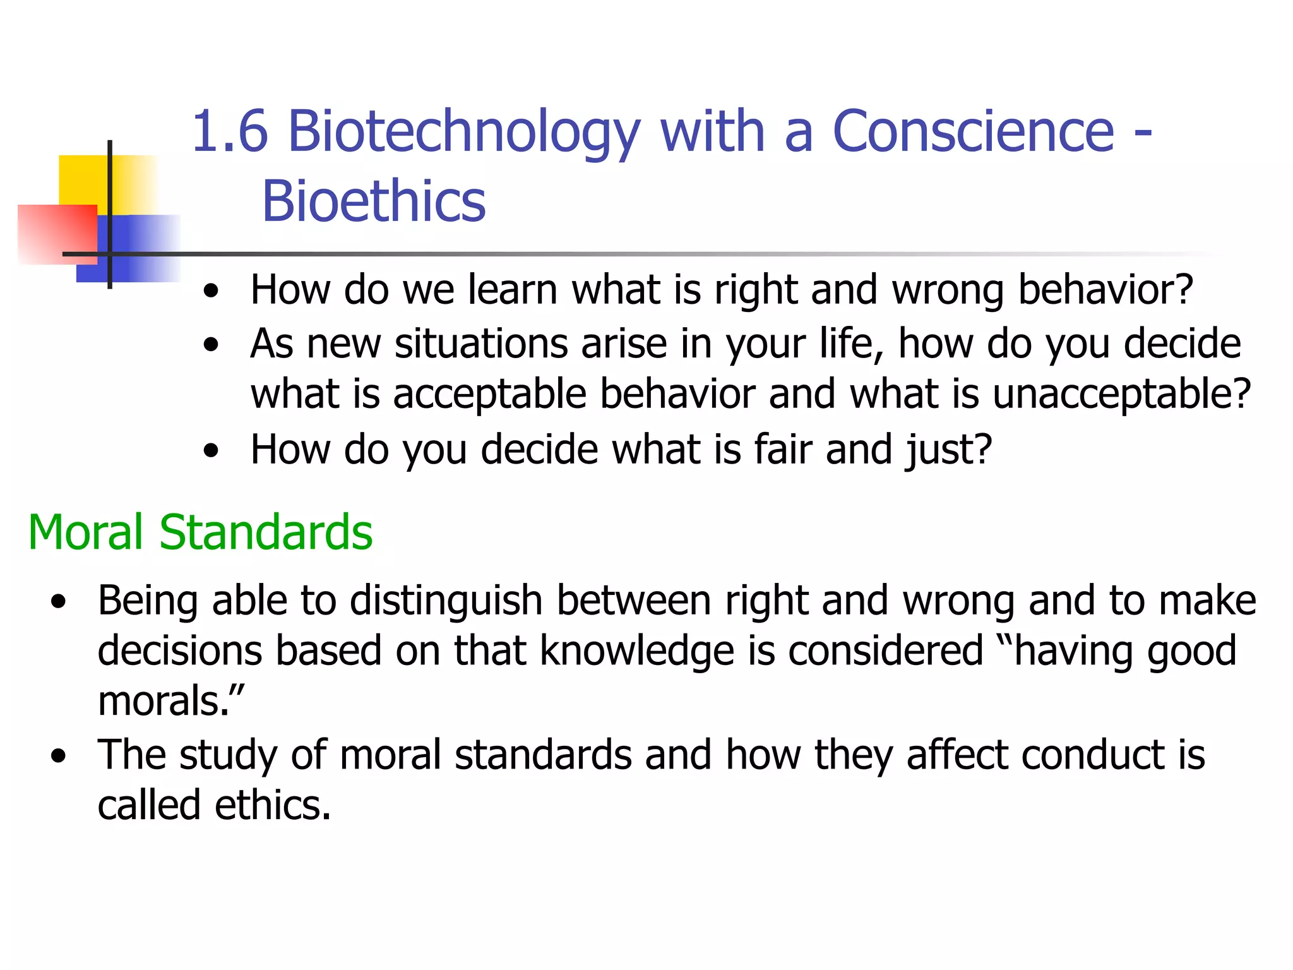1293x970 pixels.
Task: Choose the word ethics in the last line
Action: (271, 805)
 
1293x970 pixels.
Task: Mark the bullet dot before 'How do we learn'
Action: (212, 292)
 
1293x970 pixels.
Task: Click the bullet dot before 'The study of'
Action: (59, 757)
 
